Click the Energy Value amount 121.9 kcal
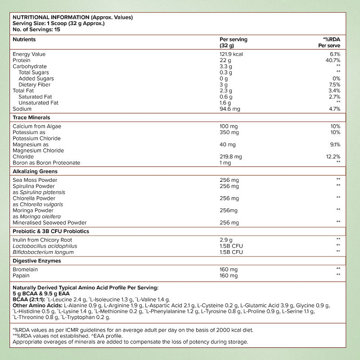coord(232,54)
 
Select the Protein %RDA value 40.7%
coord(332,60)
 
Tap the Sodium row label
coord(22,109)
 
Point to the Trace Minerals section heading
coord(31,117)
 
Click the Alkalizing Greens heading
coord(35,171)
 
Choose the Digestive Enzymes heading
coord(37,261)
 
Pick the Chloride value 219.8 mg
coord(230,157)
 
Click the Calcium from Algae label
coord(36,126)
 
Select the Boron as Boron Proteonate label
coord(46,163)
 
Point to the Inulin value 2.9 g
coord(226,240)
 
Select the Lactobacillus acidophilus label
coord(45,246)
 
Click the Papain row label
coord(21,275)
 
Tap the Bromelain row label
coord(25,269)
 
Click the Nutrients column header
coord(24,40)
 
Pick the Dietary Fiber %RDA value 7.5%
coord(333,85)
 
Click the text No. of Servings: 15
coord(36,29)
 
